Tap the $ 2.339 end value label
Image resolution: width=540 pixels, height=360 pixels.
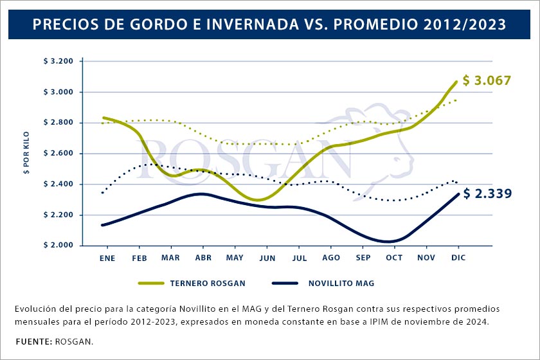point(487,194)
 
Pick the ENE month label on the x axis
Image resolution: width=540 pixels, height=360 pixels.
point(107,257)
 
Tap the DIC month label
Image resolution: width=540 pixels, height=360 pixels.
point(458,257)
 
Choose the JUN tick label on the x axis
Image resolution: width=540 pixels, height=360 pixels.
point(267,257)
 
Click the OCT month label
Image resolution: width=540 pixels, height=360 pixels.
point(394,257)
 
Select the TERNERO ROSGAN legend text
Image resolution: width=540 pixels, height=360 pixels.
point(208,283)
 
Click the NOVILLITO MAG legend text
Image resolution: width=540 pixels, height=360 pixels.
point(341,283)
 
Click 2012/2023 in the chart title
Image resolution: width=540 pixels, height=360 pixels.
point(465,25)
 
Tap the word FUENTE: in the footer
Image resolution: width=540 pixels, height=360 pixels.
point(33,341)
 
